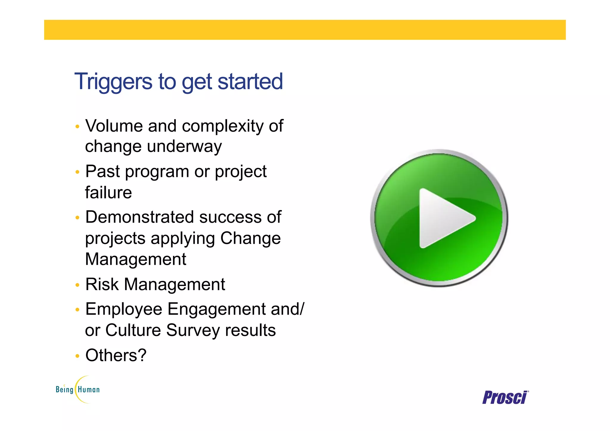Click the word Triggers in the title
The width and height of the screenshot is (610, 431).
point(113,82)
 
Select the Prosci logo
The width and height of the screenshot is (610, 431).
point(505,398)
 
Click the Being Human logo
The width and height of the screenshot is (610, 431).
point(78,389)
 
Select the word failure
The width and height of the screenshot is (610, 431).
point(108,192)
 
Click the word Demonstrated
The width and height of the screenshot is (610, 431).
point(139,217)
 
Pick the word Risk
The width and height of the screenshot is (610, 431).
point(102,284)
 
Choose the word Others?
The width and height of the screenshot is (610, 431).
point(116,355)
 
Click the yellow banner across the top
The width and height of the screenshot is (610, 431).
point(305,30)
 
